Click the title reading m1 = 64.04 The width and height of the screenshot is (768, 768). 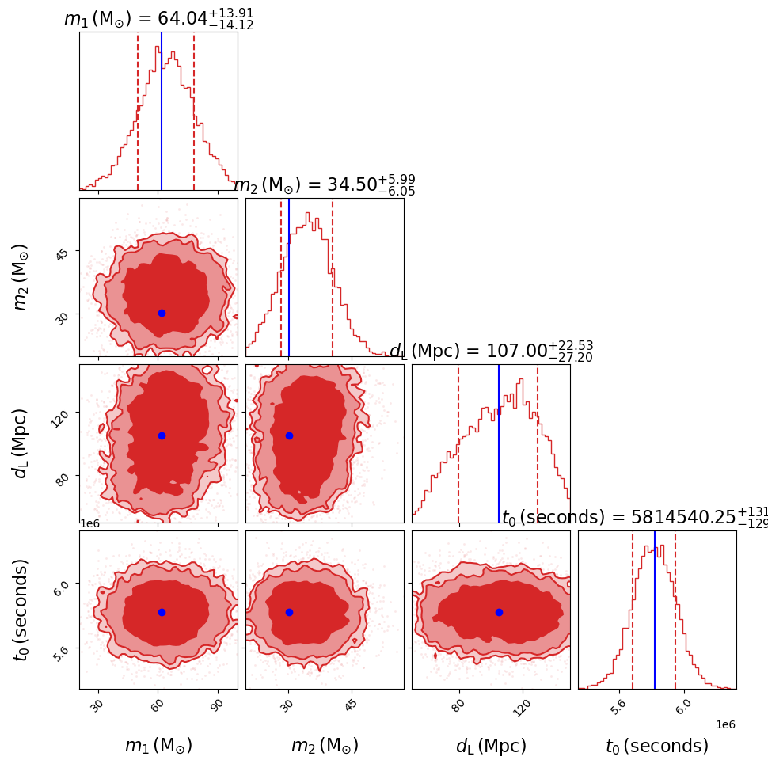[158, 19]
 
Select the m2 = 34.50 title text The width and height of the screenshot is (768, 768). [325, 185]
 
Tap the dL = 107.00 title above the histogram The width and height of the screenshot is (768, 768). [491, 352]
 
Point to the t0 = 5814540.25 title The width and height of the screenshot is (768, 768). [633, 518]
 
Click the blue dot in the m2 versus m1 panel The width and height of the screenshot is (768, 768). [162, 313]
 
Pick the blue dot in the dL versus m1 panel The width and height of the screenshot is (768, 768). [162, 435]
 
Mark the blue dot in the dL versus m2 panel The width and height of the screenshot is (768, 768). [289, 435]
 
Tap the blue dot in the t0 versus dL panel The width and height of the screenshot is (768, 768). [499, 612]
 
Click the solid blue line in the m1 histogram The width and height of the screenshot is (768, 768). [162, 111]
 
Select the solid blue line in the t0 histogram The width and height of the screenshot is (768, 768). [655, 610]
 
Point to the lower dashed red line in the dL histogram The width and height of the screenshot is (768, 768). [458, 443]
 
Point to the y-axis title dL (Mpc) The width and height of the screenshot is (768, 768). [21, 443]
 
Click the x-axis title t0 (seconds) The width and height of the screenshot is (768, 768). [657, 746]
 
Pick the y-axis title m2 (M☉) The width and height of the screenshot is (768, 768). [21, 277]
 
